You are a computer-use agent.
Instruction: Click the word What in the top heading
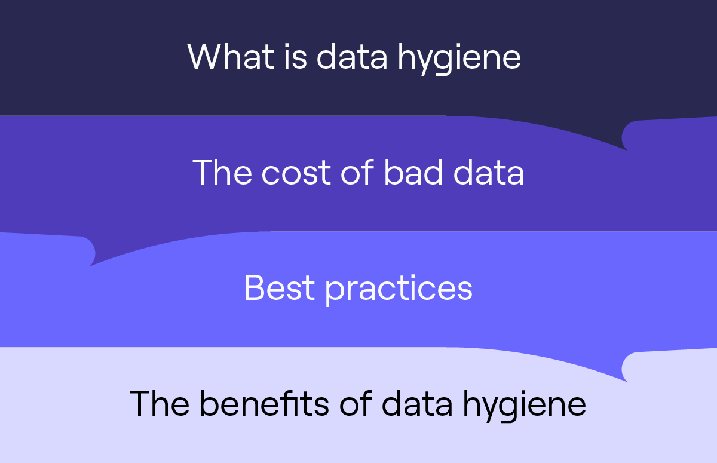click(x=226, y=57)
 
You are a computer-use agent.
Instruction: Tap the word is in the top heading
click(x=292, y=57)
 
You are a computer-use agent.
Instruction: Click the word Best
click(x=279, y=288)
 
